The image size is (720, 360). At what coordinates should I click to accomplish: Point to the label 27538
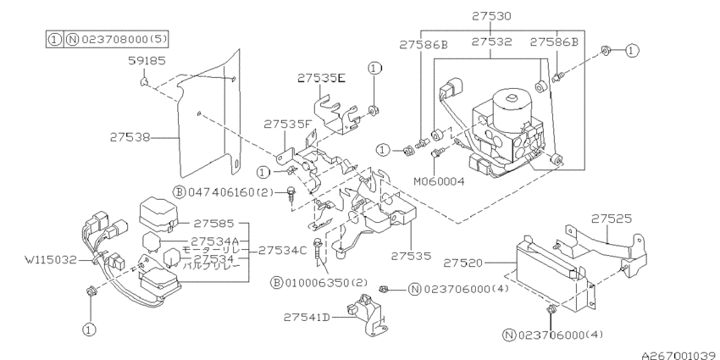click(130, 136)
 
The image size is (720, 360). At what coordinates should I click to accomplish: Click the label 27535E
click(321, 78)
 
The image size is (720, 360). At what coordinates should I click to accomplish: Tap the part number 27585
click(213, 224)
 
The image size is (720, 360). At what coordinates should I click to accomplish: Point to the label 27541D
click(307, 317)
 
